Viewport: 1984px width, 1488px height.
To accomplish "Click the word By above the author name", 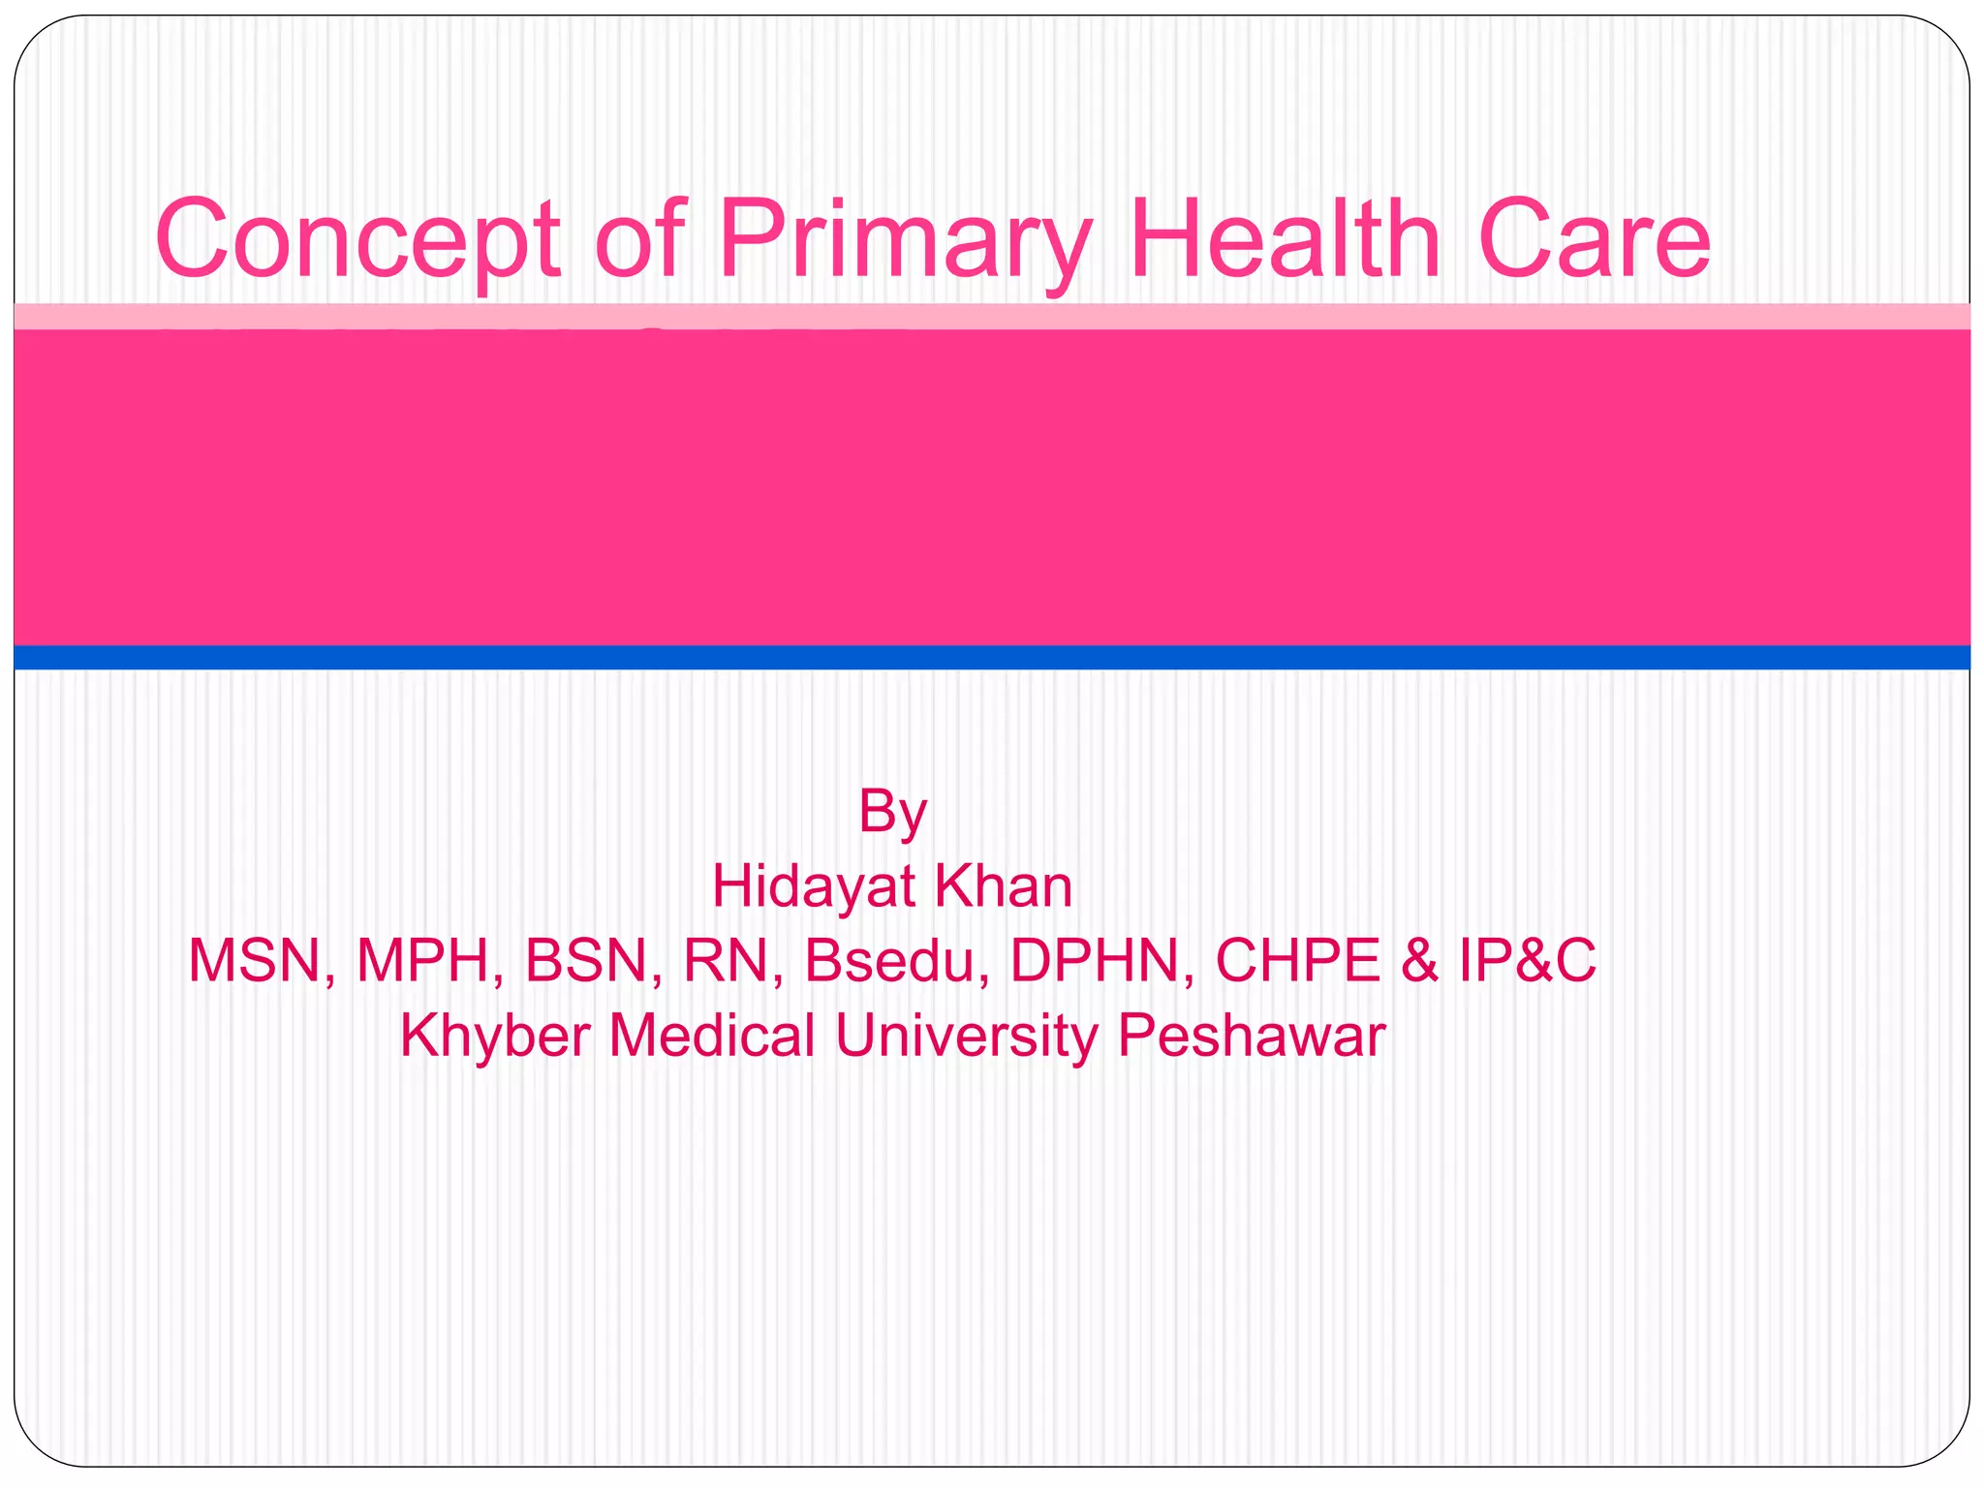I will pyautogui.click(x=892, y=811).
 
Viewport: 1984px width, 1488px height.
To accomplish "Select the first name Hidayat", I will pyautogui.click(x=812, y=885).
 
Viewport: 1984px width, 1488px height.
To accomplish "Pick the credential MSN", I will pyautogui.click(x=257, y=960).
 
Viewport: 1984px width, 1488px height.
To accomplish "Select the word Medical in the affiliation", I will pyautogui.click(x=712, y=1035).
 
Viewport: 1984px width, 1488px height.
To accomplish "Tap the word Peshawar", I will pyautogui.click(x=1251, y=1035).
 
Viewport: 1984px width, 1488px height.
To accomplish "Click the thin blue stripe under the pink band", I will pyautogui.click(x=992, y=657).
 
